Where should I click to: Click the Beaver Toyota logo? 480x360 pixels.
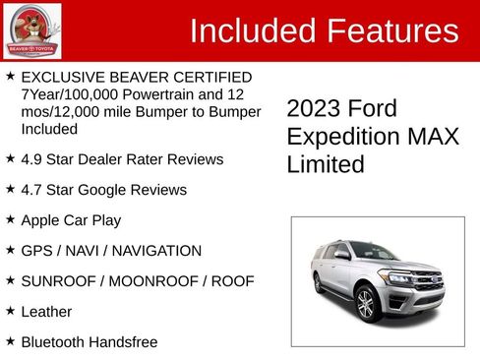pos(31,30)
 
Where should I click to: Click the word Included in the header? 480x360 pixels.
pos(248,30)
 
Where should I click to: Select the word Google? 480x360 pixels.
pos(108,190)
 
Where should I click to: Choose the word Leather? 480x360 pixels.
pos(46,312)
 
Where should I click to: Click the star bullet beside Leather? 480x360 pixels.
pos(10,311)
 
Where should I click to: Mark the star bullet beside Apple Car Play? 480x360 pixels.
pos(10,219)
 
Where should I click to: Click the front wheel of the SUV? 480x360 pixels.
pos(367,305)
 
